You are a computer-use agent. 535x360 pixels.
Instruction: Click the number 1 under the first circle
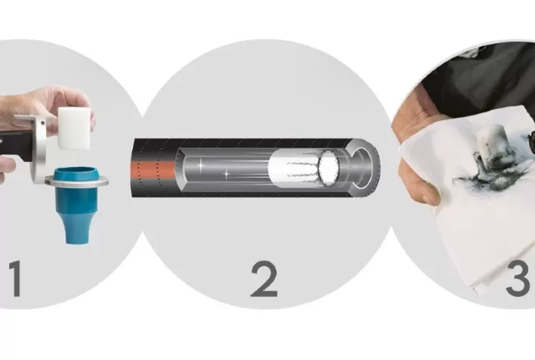pos(16,278)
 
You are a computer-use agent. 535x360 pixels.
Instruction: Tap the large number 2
pos(264,279)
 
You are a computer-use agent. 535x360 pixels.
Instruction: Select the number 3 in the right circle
pos(518,278)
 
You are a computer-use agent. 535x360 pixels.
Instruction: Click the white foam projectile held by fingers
pos(74,128)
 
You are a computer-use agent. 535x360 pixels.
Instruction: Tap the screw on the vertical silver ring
pos(42,123)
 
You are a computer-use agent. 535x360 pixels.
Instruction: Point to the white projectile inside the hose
pos(304,167)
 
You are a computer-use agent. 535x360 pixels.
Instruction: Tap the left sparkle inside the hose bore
pos(200,165)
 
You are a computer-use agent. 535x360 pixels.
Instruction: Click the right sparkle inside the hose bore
pos(227,175)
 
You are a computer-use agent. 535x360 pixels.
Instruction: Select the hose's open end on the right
pos(364,167)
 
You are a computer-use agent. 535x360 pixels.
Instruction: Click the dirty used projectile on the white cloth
pos(489,144)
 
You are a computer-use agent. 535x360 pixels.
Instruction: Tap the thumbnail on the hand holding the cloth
pos(425,198)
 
